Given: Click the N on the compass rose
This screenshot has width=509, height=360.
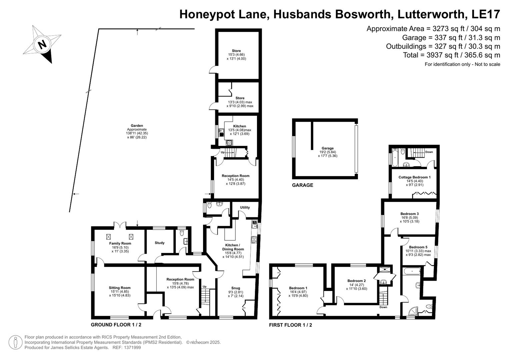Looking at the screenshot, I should point(42,44).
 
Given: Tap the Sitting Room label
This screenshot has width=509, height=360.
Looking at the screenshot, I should point(120,288).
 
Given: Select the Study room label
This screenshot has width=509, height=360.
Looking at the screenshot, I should point(160,243).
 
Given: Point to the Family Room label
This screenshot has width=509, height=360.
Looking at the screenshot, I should point(120,243).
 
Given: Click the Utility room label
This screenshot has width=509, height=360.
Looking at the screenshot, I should point(245,207).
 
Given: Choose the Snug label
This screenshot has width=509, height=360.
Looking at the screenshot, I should point(236,288).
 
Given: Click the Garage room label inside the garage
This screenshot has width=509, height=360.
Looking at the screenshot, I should point(328,148).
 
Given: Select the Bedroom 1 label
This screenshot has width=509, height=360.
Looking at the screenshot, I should point(298,288).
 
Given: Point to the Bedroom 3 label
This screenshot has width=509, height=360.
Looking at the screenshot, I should point(410,214).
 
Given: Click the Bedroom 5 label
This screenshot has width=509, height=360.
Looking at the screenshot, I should point(418,247).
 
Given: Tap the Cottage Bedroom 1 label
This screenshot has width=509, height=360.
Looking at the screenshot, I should point(414,177).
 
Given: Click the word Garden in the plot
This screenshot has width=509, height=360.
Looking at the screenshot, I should point(137,126).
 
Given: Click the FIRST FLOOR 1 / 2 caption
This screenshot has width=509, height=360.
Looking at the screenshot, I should point(291,325).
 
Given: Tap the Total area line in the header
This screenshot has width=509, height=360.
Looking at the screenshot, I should point(451,55).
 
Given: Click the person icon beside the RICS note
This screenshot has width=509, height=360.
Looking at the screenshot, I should point(15,342).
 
